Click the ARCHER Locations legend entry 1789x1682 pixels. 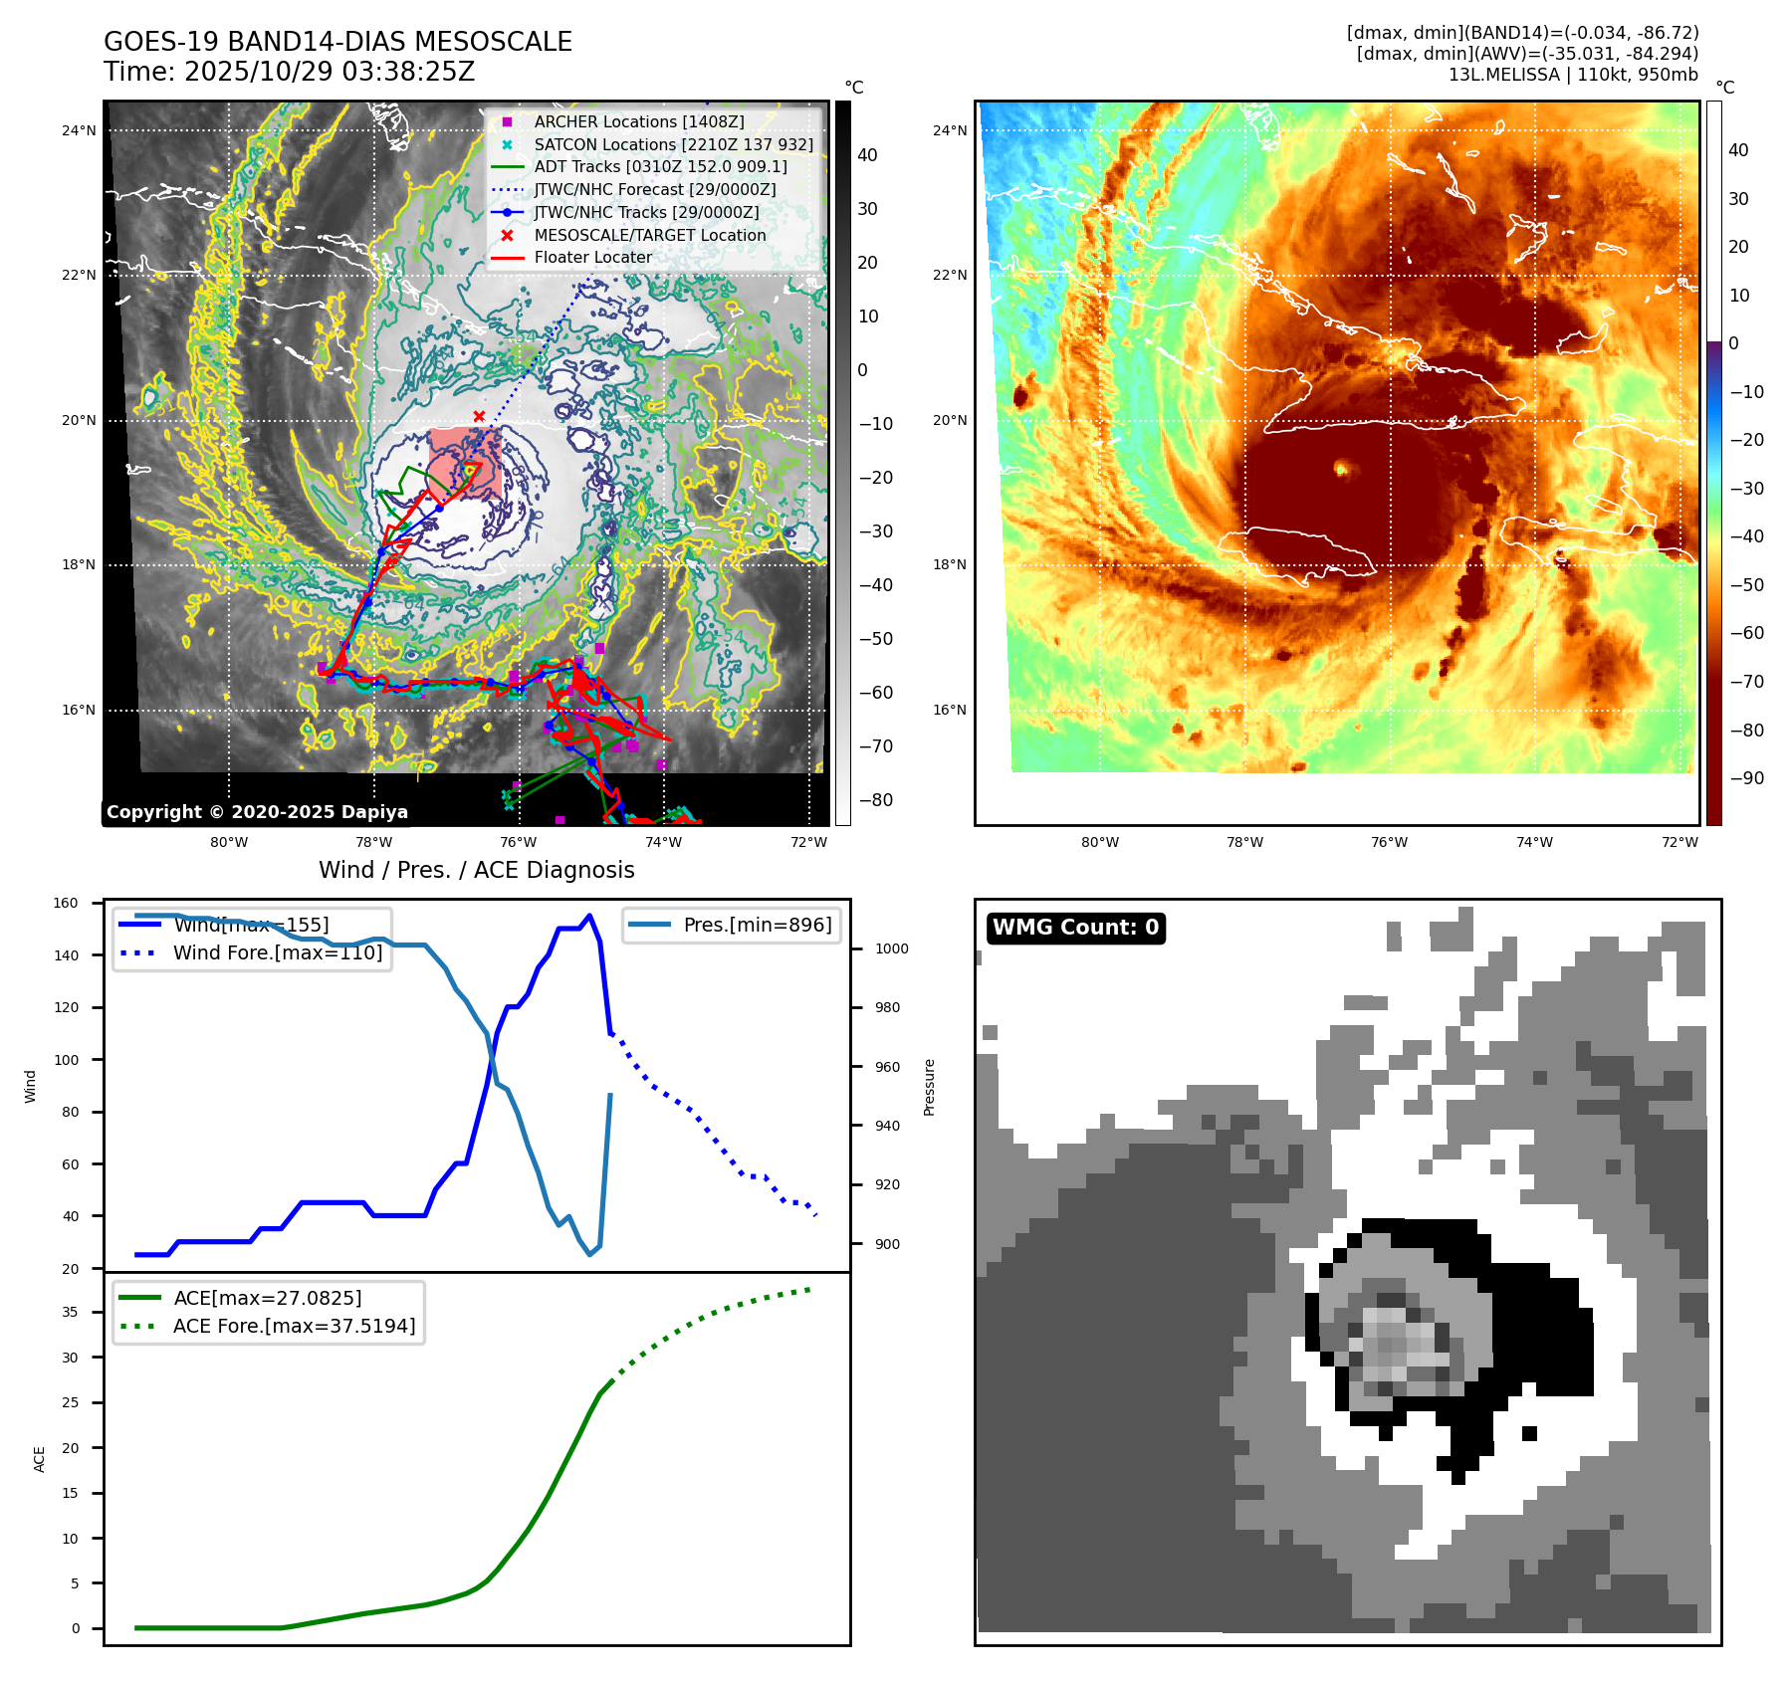tap(638, 121)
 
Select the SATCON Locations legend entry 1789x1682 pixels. tap(673, 144)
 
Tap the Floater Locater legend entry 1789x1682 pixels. tap(592, 257)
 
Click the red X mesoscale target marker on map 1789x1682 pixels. tap(479, 416)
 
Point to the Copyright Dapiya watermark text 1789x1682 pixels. tap(257, 812)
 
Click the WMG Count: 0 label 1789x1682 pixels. tap(1075, 928)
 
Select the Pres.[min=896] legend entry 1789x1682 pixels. tap(757, 925)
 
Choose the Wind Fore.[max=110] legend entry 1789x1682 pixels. tap(277, 952)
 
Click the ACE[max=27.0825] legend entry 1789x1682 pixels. tap(267, 1298)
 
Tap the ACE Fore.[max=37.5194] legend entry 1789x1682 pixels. tap(294, 1326)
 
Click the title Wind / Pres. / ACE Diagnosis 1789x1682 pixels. tap(476, 870)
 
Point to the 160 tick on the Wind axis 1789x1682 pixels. tap(66, 904)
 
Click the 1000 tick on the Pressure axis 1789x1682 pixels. tap(891, 948)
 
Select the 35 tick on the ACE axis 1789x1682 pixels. tap(70, 1312)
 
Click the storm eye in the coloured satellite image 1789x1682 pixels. tap(1341, 468)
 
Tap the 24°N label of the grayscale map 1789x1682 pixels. tap(79, 130)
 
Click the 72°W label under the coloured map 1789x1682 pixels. tap(1679, 842)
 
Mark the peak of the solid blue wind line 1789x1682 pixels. tap(589, 916)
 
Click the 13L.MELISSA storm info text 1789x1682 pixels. tap(1573, 75)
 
